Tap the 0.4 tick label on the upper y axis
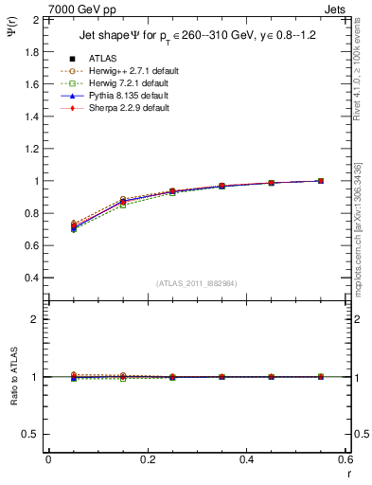(32, 278)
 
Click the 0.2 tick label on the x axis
(148, 458)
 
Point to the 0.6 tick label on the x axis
(345, 458)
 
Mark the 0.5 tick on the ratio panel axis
(33, 434)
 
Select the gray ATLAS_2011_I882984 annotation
(195, 283)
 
